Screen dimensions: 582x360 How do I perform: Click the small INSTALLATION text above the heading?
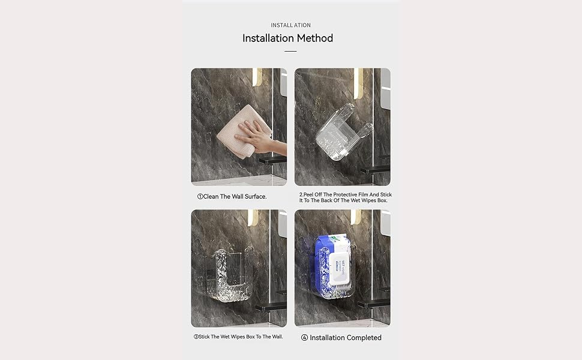point(290,25)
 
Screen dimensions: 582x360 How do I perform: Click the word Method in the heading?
point(315,38)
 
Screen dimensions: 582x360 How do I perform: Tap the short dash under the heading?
point(290,51)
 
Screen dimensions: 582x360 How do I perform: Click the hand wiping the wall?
point(260,137)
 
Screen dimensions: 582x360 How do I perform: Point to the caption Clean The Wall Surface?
point(232,197)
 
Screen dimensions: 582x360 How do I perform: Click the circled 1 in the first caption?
point(200,197)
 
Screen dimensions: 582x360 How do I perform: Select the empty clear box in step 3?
point(232,275)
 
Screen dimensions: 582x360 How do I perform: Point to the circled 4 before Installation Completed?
point(304,338)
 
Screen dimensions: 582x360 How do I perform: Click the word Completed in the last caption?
point(363,338)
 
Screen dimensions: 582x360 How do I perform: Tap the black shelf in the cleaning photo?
point(273,161)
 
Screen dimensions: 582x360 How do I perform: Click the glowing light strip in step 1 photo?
point(257,77)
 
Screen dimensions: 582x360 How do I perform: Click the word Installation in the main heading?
point(268,38)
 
